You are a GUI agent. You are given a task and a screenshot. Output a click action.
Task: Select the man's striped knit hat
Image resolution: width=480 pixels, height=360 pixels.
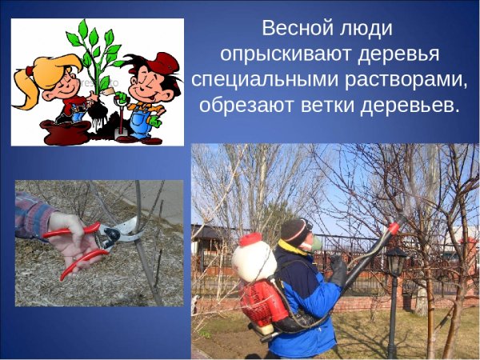pyautogui.click(x=297, y=230)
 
